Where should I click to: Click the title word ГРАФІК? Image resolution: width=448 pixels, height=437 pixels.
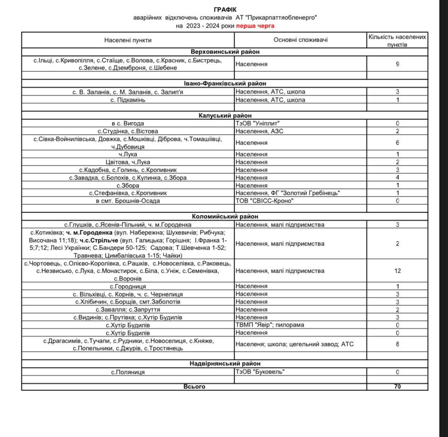225,9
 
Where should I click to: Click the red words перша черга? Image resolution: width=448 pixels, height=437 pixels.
255,26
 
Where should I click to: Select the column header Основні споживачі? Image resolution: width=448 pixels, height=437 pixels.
300,40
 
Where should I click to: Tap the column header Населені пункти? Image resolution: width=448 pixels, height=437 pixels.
128,40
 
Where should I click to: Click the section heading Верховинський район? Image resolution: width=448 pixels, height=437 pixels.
225,52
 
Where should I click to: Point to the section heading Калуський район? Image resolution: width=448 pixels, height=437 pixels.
225,116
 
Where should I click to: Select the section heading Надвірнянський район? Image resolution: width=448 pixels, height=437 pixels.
225,364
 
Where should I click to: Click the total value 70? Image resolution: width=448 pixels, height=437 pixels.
397,387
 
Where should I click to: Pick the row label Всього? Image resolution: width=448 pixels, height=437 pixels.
194,387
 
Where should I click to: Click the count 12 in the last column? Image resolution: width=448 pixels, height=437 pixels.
397,271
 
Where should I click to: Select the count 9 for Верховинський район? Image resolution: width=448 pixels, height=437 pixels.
397,64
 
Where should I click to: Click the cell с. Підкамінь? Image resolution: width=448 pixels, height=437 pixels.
128,100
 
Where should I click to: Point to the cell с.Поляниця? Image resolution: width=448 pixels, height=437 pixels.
128,372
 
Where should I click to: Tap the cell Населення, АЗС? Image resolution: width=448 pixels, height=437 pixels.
260,131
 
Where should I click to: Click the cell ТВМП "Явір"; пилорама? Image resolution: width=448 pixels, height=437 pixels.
269,325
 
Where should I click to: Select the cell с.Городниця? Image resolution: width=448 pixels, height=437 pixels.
128,286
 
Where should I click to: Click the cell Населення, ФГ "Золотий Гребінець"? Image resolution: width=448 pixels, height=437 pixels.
288,193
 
